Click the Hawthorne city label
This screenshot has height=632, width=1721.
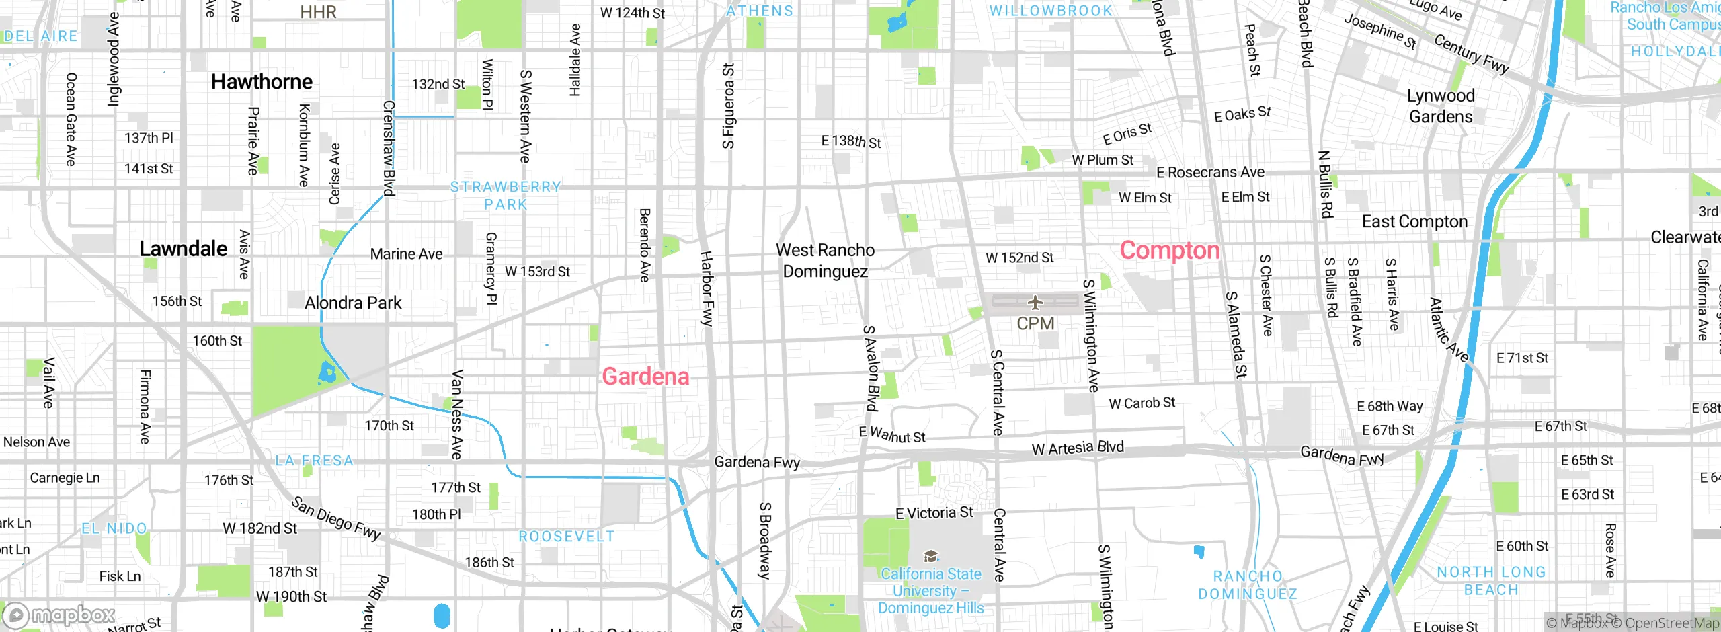click(x=262, y=82)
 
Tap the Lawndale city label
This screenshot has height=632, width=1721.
click(x=183, y=249)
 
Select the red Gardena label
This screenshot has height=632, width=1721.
click(x=645, y=377)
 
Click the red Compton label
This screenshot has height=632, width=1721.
click(x=1169, y=251)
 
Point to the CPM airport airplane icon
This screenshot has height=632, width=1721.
click(x=1035, y=302)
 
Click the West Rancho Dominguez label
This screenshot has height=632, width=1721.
click(x=826, y=261)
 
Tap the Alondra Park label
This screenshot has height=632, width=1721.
click(x=353, y=303)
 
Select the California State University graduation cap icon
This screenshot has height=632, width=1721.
click(x=930, y=556)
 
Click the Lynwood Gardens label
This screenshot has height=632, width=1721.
click(x=1441, y=106)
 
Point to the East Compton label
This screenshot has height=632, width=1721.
click(x=1414, y=222)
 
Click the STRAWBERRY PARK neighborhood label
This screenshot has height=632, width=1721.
click(x=506, y=196)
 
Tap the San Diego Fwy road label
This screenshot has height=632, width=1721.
click(x=336, y=518)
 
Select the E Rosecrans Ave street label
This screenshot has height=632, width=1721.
click(x=1210, y=173)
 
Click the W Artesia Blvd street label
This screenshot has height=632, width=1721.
click(x=1078, y=448)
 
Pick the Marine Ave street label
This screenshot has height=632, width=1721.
click(x=406, y=254)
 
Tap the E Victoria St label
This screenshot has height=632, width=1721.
click(x=934, y=513)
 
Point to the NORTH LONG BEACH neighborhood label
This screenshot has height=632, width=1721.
click(x=1491, y=581)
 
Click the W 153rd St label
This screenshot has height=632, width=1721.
click(x=537, y=272)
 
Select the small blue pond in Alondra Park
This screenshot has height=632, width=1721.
click(x=327, y=372)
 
